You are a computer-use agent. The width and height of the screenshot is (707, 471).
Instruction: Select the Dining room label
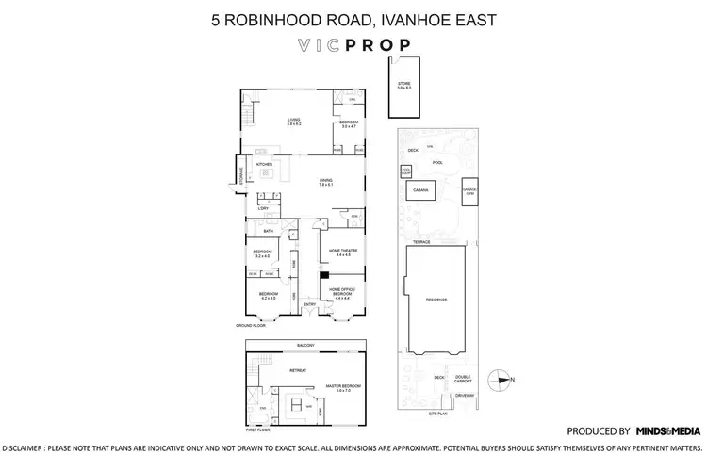coord(327,183)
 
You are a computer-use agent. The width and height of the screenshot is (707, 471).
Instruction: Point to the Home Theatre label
coord(336,252)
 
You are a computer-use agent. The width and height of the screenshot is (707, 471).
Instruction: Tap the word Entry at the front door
coord(309,304)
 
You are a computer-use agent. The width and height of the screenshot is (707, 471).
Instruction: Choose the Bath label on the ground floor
coord(269,231)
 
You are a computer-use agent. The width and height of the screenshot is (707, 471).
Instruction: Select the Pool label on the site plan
coord(436,162)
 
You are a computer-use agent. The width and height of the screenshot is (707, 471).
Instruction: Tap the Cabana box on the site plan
coord(420,190)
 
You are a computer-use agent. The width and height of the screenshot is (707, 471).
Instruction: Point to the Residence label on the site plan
coord(436,300)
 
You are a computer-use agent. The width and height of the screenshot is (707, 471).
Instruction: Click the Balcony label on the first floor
coord(304,345)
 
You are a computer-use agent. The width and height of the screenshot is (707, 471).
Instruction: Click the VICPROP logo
coord(353,45)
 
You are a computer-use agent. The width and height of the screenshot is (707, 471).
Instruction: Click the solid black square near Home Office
coord(323,275)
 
